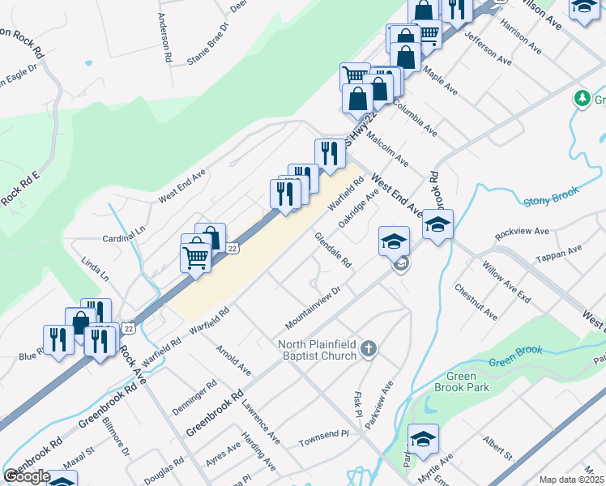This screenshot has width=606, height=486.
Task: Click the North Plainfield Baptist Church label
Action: point(318,350)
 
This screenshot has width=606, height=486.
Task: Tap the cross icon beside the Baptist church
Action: point(369,350)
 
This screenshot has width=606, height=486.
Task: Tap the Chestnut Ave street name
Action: point(476,301)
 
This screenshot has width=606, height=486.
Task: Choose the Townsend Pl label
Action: point(322,434)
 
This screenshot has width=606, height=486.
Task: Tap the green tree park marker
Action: point(581,99)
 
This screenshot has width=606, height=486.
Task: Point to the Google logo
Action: point(27,476)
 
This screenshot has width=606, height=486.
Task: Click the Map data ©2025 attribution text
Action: point(571,480)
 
